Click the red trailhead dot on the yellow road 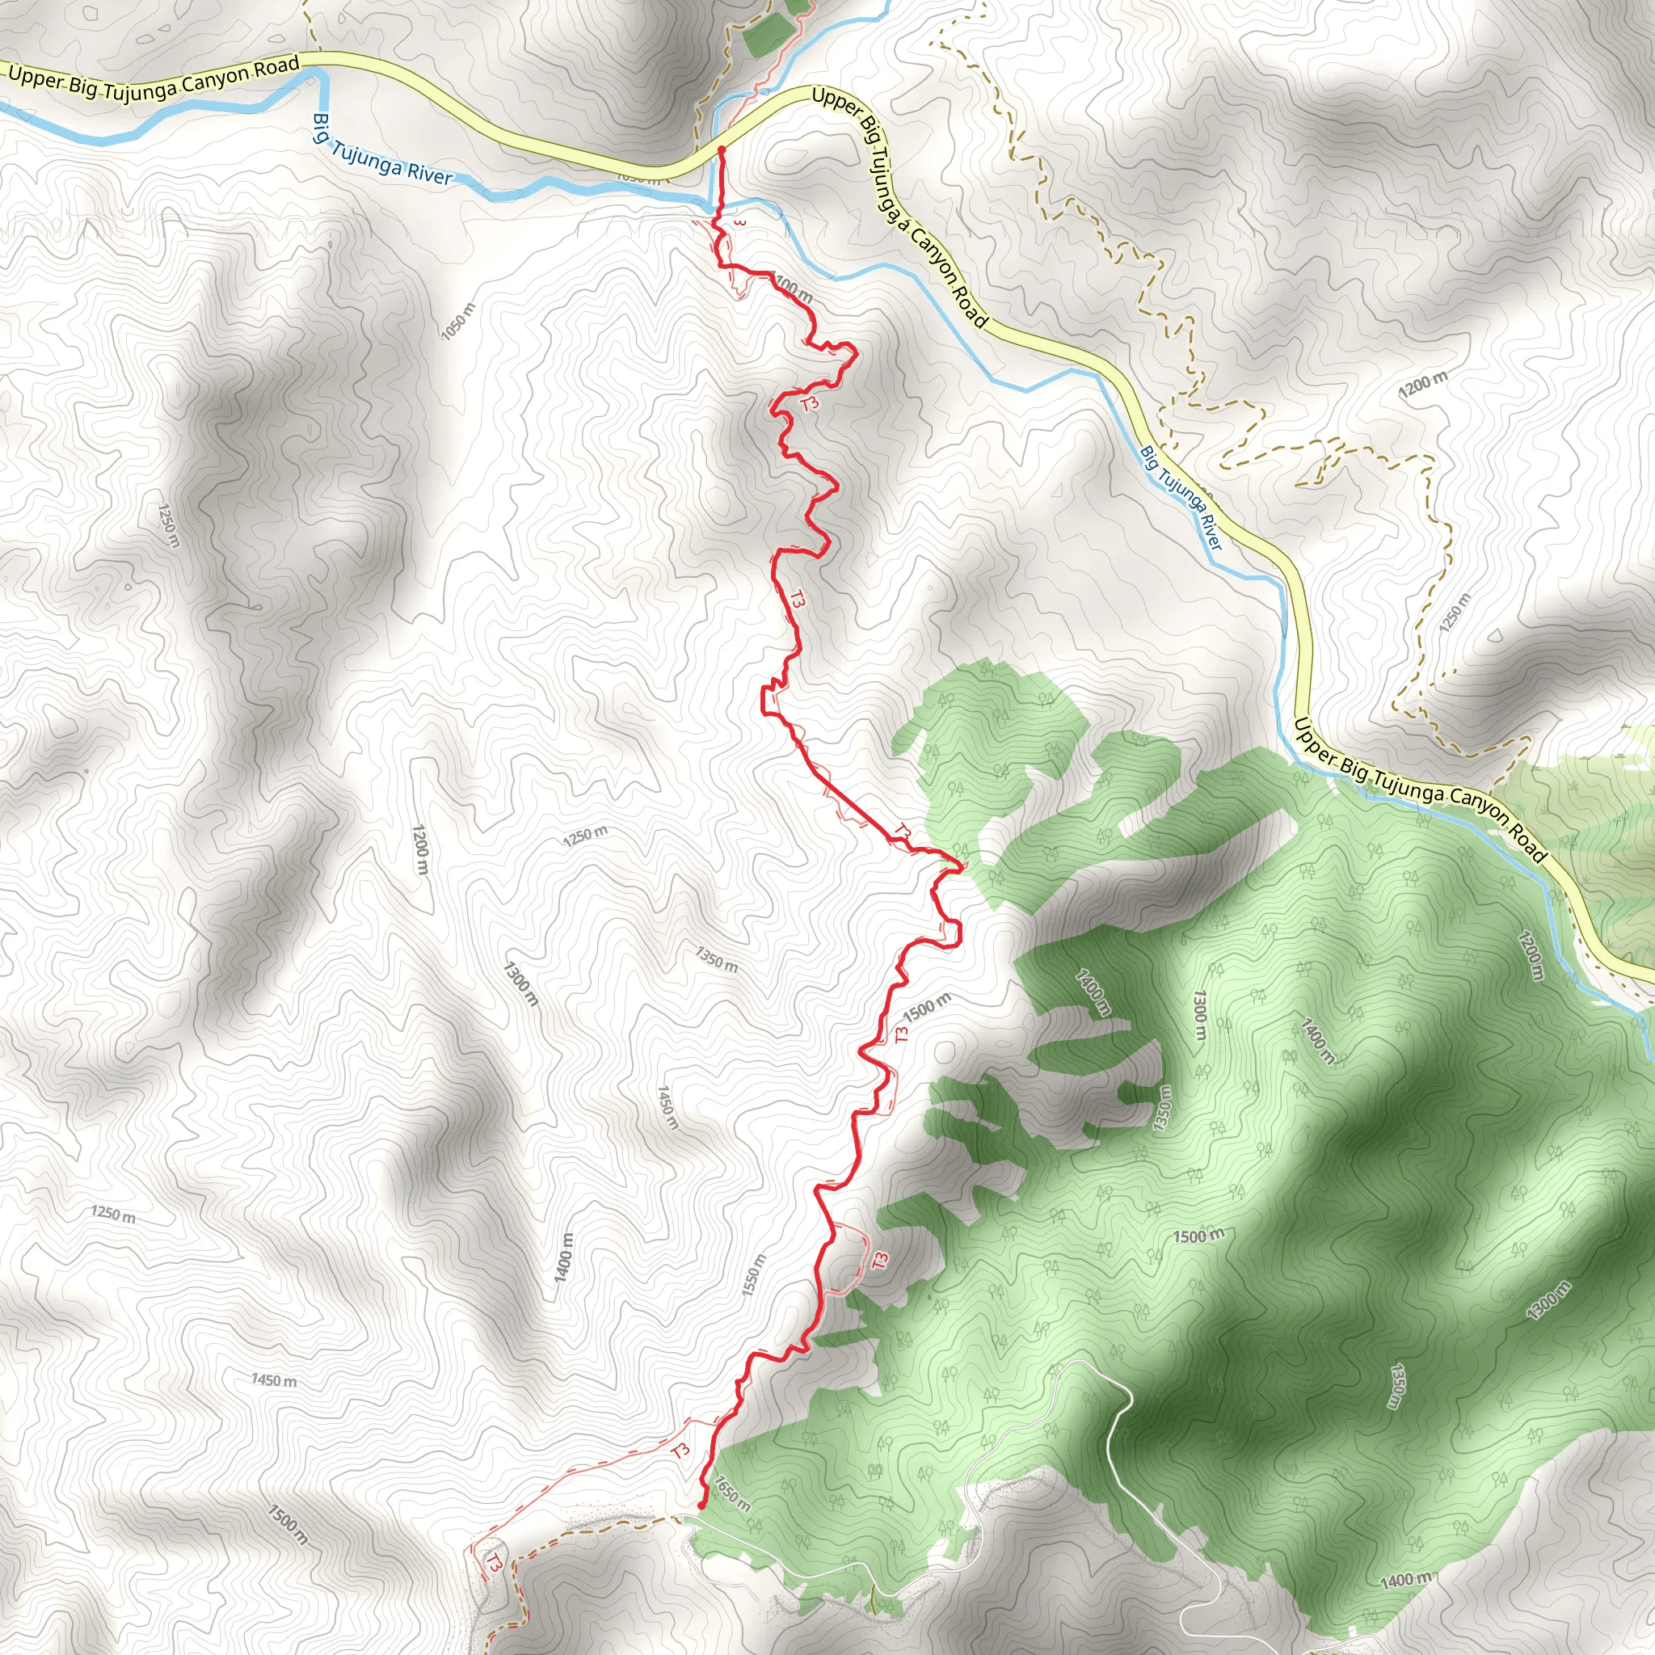(x=722, y=150)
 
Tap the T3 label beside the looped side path (x=881, y=1261)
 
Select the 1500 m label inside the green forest (x=1198, y=1236)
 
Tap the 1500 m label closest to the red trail (x=927, y=1008)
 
